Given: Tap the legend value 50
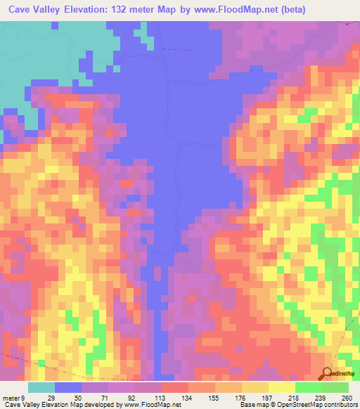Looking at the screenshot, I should pos(80,398).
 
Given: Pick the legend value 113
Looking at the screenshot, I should pos(160,398).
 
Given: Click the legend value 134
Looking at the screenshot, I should pos(188,398).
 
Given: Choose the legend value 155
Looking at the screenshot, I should pos(214,398).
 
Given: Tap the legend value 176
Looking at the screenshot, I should pos(241,398).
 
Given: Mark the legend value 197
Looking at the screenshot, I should pos(268,398).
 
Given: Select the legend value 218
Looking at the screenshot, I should pos(295,398).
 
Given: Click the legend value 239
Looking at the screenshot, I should pos(321,398).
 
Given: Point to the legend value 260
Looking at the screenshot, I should pos(346,398).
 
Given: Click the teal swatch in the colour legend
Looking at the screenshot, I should pos(41,387).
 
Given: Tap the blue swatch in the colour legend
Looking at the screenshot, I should pos(67,387).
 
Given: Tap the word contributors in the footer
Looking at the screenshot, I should pos(341,405).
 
